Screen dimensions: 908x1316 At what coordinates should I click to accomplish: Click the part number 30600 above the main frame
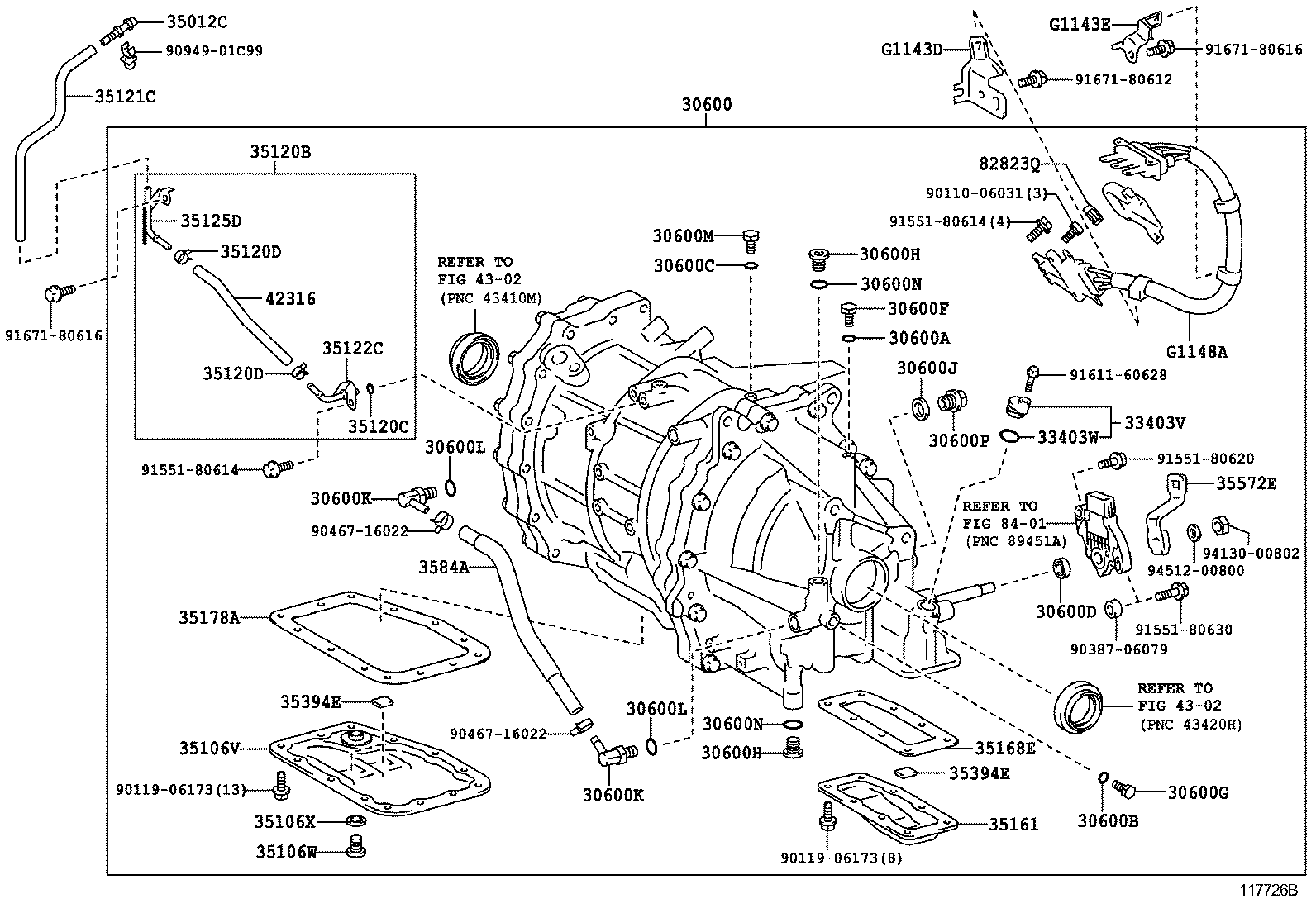(707, 106)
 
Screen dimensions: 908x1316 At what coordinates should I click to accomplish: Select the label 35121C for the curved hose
(125, 97)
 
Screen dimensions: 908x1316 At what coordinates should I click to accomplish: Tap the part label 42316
(289, 298)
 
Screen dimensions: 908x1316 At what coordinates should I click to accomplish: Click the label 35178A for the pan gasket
(209, 616)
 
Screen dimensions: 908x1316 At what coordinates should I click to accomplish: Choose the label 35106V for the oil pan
(209, 749)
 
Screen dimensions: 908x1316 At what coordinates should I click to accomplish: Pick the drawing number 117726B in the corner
(1268, 891)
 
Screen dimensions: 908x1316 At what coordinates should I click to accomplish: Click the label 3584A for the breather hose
(443, 567)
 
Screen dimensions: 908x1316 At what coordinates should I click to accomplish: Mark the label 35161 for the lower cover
(1018, 825)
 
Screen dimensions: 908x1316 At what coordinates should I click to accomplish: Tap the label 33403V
(1155, 422)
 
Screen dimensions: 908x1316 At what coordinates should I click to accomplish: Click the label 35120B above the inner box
(280, 152)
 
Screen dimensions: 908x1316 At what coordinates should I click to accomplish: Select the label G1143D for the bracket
(912, 50)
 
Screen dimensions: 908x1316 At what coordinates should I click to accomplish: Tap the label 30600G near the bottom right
(1198, 793)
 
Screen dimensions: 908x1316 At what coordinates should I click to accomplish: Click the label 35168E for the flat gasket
(1005, 748)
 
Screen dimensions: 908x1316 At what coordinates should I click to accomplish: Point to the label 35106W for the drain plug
(286, 850)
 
